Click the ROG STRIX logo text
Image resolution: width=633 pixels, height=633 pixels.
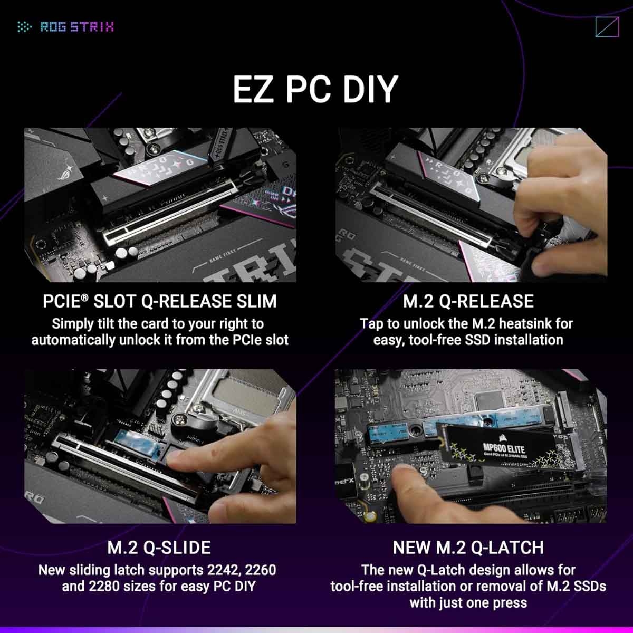(77, 27)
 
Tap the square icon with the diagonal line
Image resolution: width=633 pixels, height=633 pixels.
(607, 27)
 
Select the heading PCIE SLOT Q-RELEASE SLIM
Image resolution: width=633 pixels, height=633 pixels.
(160, 301)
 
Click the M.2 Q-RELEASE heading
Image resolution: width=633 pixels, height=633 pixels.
(468, 301)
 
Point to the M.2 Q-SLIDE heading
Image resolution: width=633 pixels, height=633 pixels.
(159, 548)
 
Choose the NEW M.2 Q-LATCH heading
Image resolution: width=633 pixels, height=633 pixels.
(468, 548)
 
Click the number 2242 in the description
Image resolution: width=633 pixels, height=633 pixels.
(217, 570)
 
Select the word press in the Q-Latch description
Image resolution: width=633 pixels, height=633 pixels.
(510, 602)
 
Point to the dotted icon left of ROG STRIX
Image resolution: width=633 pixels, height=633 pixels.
(24, 27)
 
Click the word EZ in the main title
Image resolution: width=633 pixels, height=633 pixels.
(254, 90)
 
